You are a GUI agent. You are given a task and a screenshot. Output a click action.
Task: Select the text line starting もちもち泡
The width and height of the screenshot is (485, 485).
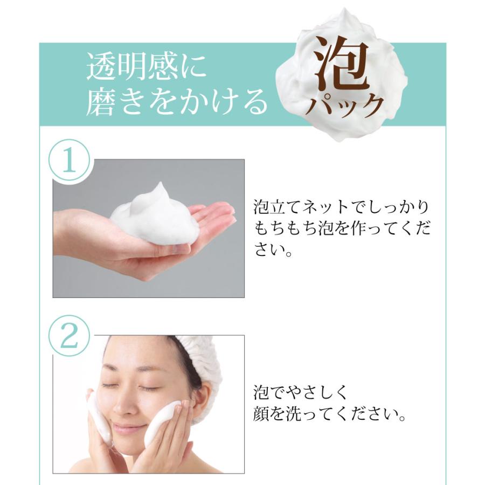pos(342,229)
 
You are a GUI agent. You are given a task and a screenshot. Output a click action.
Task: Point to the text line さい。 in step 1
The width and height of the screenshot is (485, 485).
pos(273,251)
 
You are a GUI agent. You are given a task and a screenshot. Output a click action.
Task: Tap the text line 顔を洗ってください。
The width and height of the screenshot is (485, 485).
pos(329,415)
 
